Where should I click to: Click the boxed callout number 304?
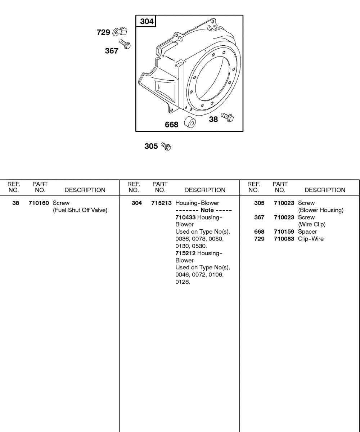pos(147,22)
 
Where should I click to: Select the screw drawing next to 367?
pos(125,44)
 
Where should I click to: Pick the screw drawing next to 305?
pos(166,146)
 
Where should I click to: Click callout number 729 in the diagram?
pos(103,32)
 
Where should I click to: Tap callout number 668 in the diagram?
pos(172,125)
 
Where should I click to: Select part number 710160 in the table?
pos(39,203)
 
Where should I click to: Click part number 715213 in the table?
pos(161,203)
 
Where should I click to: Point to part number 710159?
pos(284,232)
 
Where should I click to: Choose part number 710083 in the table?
pos(284,239)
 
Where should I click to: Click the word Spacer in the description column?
pos(307,232)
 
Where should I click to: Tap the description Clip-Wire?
pos(311,239)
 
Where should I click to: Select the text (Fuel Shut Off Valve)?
pos(80,210)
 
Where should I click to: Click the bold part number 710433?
pos(185,217)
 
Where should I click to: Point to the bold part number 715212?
pos(185,253)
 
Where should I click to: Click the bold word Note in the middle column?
pos(207,210)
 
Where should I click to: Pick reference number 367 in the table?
pos(259,217)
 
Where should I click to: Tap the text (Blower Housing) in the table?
pos(321,210)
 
